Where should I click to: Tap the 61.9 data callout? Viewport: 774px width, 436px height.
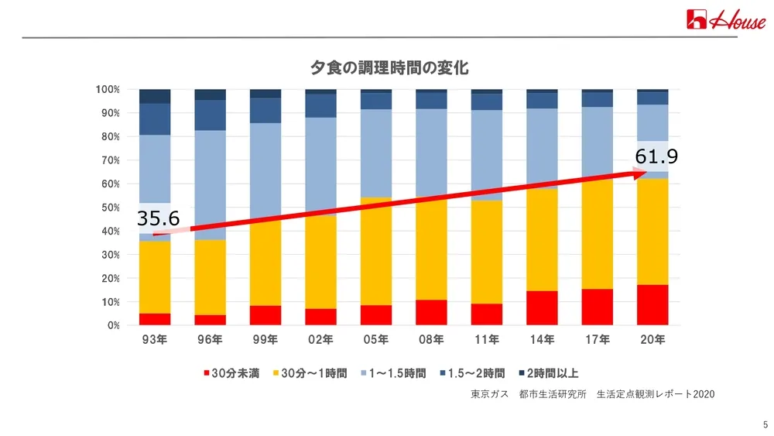pos(656,157)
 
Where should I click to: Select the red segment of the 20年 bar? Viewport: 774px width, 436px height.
pos(652,305)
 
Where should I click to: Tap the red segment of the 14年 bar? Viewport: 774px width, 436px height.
pos(542,307)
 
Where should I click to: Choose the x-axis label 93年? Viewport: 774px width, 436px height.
pos(155,339)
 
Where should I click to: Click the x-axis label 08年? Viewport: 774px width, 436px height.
pos(431,339)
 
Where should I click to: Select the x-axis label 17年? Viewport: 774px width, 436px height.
pos(597,339)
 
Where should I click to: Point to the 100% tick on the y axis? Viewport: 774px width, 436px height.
pos(108,90)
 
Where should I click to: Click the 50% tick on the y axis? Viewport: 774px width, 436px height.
pos(110,208)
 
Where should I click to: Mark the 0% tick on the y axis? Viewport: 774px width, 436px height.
pos(113,325)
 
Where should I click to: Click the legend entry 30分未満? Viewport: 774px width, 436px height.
pos(230,373)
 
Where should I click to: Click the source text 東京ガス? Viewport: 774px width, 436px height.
pos(490,394)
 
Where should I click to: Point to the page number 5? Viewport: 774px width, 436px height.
pos(765,424)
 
